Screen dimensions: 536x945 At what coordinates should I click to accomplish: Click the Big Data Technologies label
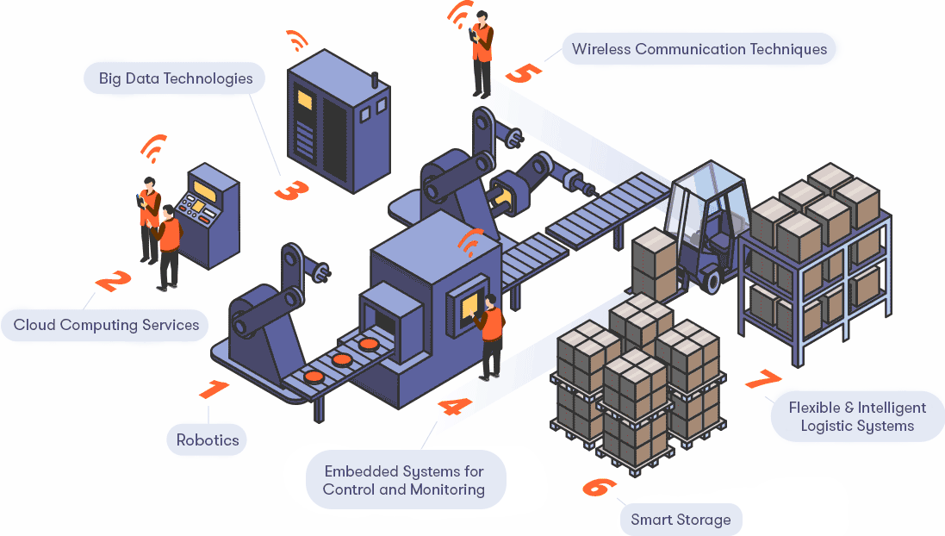pos(175,78)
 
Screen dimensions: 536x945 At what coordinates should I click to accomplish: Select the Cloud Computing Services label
pos(106,325)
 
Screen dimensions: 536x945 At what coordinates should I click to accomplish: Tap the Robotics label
pos(208,439)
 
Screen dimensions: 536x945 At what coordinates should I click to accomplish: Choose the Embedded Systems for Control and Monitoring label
pos(404,481)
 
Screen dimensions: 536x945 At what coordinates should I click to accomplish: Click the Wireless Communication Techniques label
pos(699,49)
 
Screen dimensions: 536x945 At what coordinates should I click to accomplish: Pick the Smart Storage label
pos(681,520)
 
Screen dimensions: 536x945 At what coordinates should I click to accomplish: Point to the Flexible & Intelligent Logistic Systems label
pos(857,417)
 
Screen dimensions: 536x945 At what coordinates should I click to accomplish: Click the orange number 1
pos(214,389)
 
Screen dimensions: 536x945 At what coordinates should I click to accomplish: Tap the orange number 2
pos(113,282)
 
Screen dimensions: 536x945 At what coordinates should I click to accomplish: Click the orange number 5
pos(523,72)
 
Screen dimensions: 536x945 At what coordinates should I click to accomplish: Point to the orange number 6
pos(599,486)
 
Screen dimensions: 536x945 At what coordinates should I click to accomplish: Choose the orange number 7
pos(762,380)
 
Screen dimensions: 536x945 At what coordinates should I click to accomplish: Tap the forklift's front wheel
pos(711,279)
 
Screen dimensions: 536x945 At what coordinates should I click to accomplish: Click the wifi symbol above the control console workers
pos(153,148)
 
